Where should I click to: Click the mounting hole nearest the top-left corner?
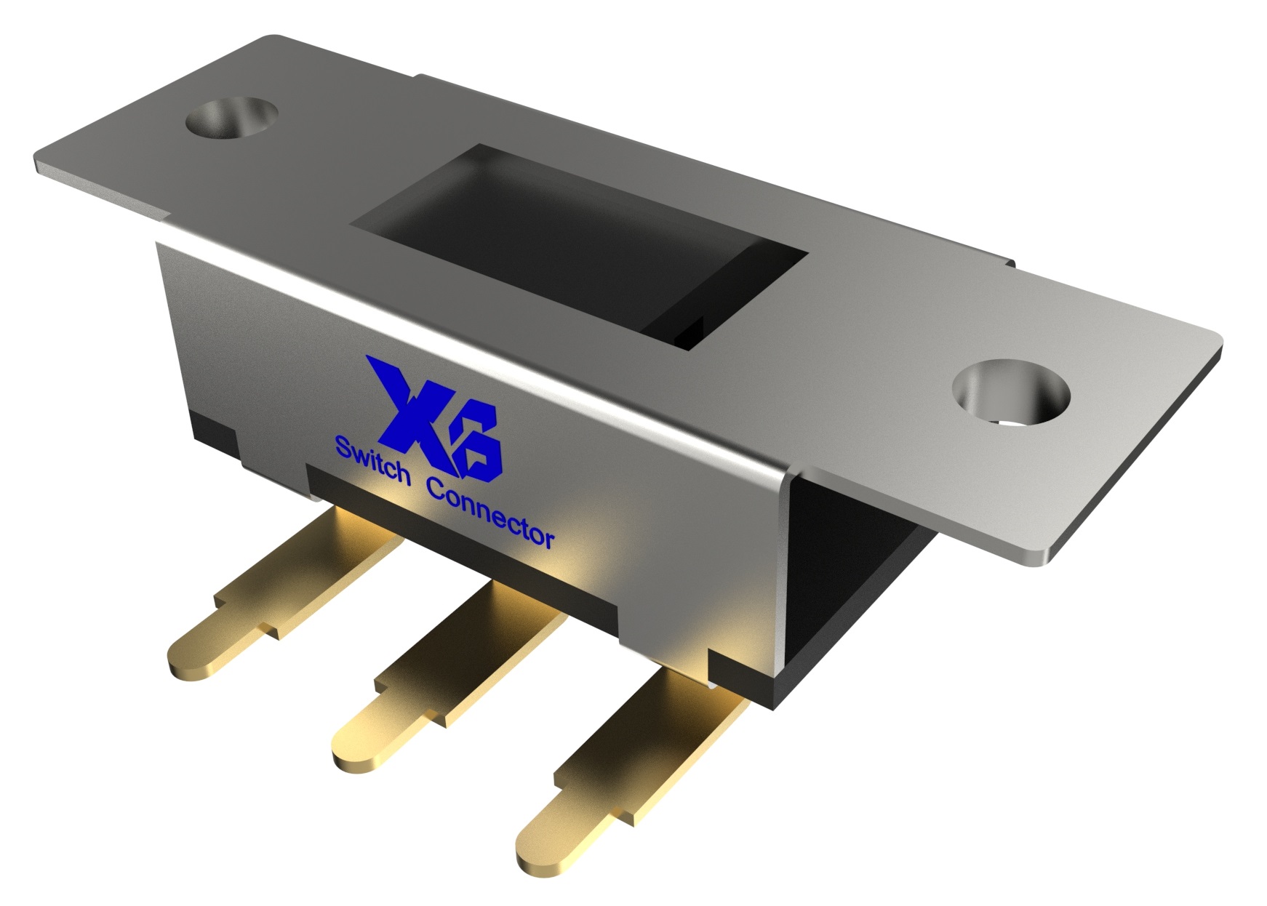coord(232,117)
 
